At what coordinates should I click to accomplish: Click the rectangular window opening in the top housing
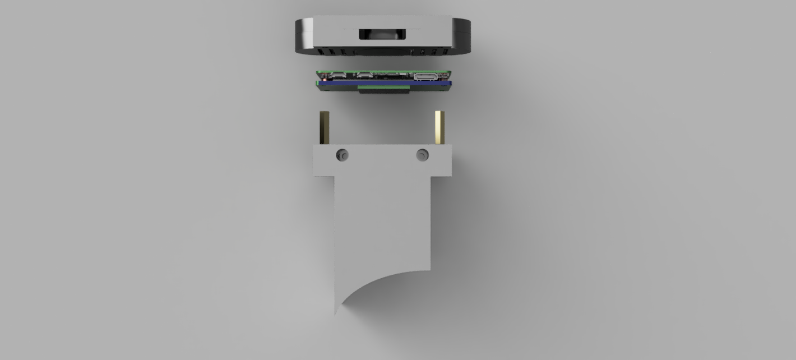382,34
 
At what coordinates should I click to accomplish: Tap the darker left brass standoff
325,127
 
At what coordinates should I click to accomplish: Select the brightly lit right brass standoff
439,127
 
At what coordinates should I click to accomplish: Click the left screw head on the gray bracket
342,155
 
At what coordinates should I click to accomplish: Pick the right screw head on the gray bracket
423,155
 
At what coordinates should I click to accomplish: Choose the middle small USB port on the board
364,75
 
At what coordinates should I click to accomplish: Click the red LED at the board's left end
325,79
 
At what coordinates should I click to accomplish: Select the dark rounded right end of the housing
462,35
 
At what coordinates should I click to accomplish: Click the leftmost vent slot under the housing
320,51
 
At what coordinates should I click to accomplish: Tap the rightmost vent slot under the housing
445,52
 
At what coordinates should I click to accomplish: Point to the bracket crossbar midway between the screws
382,159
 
